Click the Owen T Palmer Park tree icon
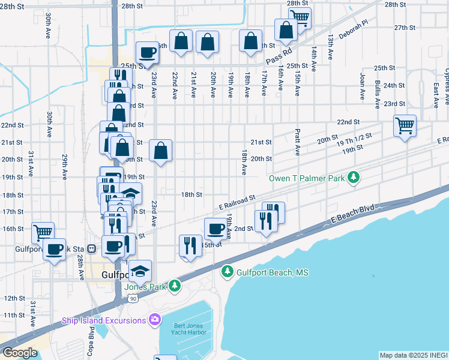tap(354, 178)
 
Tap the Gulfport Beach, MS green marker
tap(227, 272)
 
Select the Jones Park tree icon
tap(174, 286)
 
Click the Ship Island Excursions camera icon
tap(155, 320)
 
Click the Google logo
tap(20, 353)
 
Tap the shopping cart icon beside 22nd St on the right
tap(405, 126)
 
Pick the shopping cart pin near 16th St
tap(43, 232)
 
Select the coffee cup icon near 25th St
tap(147, 52)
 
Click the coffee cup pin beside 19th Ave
tap(215, 228)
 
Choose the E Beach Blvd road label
tap(352, 214)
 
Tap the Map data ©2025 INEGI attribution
tap(414, 355)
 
